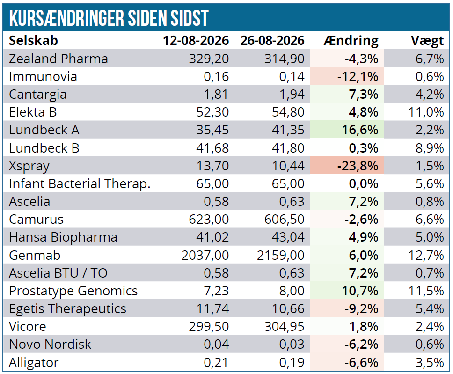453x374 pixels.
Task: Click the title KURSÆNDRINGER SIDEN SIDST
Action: (x=109, y=18)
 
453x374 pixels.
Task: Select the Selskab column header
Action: (x=33, y=40)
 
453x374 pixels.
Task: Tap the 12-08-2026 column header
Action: (x=196, y=40)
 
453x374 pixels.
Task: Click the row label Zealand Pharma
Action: (x=58, y=59)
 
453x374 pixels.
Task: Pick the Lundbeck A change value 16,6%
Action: (x=360, y=130)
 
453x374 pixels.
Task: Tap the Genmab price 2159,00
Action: (x=280, y=256)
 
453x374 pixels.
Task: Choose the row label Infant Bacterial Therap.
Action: (x=80, y=184)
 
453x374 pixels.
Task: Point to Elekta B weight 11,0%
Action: (x=426, y=112)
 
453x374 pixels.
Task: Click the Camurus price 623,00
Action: (x=209, y=220)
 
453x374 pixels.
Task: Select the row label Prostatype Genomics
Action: (x=73, y=291)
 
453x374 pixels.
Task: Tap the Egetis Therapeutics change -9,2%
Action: (x=361, y=309)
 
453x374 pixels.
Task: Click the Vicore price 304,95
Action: (x=285, y=327)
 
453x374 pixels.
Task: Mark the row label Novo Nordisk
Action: (x=50, y=345)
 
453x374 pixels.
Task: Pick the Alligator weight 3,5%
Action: (x=430, y=362)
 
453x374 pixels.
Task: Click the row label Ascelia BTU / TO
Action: (x=58, y=273)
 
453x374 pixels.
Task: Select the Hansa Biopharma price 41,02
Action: (x=212, y=237)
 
